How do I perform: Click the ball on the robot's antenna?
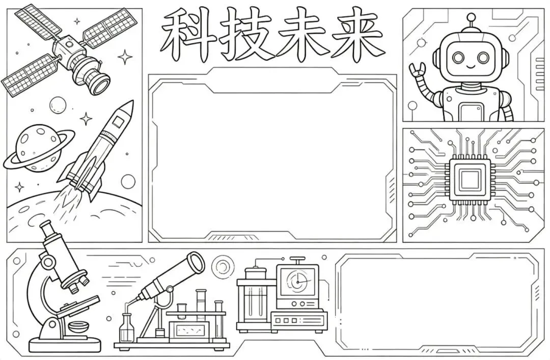[x=471, y=16]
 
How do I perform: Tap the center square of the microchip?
[x=470, y=180]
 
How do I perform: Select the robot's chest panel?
[x=471, y=113]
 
